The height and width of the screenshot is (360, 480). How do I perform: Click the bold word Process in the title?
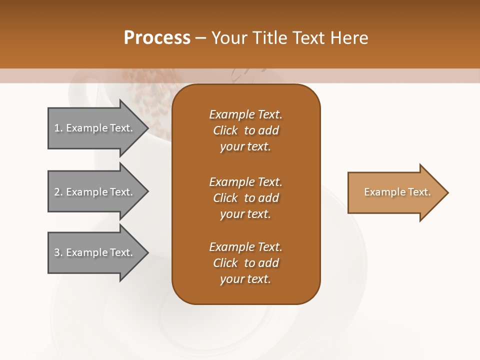point(157,37)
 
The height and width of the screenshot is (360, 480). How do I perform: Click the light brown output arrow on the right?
point(395,192)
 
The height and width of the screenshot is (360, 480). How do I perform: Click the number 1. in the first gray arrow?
point(58,128)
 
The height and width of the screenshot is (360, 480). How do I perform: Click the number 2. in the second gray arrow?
point(58,192)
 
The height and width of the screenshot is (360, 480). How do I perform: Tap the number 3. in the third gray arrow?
point(58,252)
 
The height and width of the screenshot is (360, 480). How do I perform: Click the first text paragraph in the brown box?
point(245,130)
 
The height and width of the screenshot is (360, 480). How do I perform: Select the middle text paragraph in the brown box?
point(245,198)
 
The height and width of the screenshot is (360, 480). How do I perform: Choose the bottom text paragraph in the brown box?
point(245,263)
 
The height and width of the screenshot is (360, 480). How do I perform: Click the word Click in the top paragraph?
point(225,130)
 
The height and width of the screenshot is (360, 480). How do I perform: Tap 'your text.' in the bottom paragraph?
point(245,279)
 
